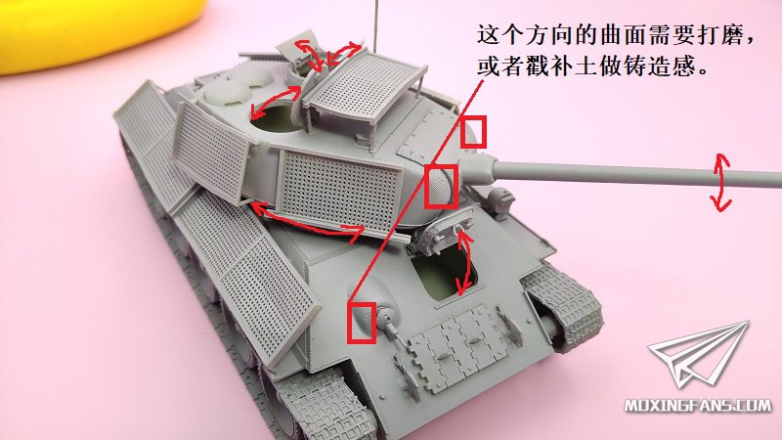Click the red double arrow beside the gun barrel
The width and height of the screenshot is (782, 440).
720,182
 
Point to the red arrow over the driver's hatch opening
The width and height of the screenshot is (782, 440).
466,263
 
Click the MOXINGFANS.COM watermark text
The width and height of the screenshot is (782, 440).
698,405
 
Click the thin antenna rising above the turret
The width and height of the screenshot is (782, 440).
374,25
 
